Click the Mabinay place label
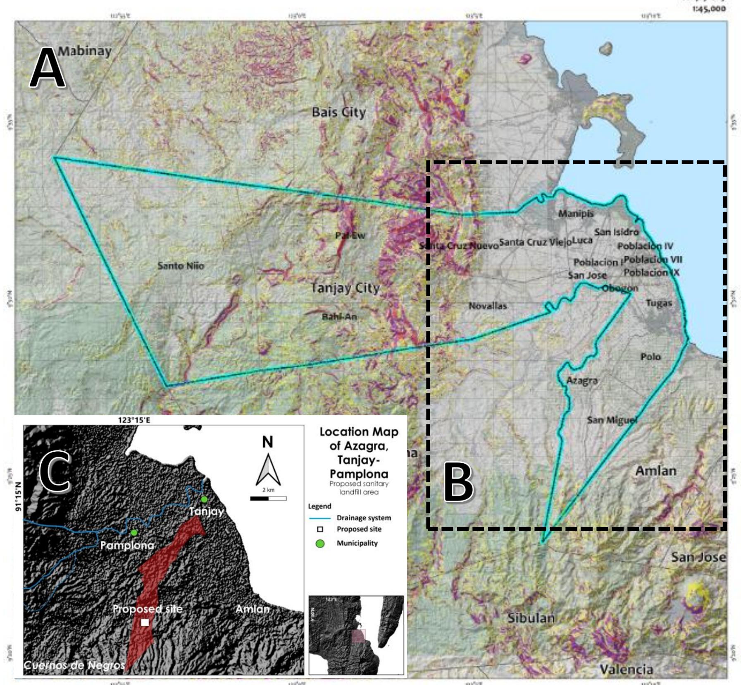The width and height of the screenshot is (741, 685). (x=85, y=51)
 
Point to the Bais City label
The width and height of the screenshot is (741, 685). (x=338, y=112)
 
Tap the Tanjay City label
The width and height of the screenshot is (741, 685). (x=345, y=288)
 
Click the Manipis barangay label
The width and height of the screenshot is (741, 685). (x=576, y=213)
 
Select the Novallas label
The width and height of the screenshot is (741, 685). (x=487, y=306)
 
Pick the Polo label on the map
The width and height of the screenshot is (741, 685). (x=650, y=357)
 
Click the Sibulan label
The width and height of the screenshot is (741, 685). (x=531, y=618)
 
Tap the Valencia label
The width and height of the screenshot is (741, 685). (x=627, y=669)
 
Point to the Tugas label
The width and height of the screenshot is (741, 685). (x=659, y=303)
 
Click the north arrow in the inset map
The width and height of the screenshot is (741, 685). (x=268, y=469)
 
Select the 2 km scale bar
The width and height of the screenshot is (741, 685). (x=268, y=498)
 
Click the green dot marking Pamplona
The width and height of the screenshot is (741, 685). (x=133, y=533)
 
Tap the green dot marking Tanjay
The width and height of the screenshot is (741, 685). (x=204, y=499)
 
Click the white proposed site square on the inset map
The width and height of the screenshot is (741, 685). (x=145, y=623)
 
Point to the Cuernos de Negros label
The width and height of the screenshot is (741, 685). (x=74, y=665)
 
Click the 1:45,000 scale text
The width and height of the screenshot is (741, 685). (x=709, y=9)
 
